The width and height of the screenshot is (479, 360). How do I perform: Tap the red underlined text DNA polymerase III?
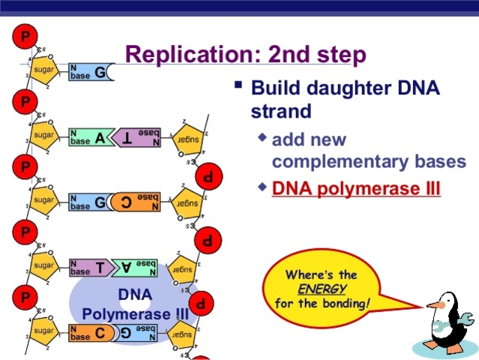click(356, 187)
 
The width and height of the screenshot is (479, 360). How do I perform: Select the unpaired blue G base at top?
click(99, 73)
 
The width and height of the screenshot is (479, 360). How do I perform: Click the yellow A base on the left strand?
click(99, 137)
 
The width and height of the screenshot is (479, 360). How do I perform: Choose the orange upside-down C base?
click(125, 202)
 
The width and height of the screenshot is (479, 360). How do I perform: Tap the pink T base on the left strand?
click(98, 266)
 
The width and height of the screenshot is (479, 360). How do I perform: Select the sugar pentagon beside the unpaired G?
click(43, 71)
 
